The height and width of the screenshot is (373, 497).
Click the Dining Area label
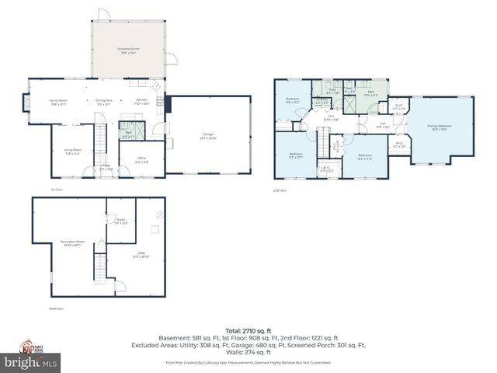pos(104,101)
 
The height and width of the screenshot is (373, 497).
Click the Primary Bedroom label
pos(439,127)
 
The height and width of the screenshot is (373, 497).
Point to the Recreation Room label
pos(71,244)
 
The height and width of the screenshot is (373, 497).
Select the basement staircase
pos(99,267)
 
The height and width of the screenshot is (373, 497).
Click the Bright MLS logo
pos(31,361)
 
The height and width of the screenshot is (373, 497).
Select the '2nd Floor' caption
pos(280,190)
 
